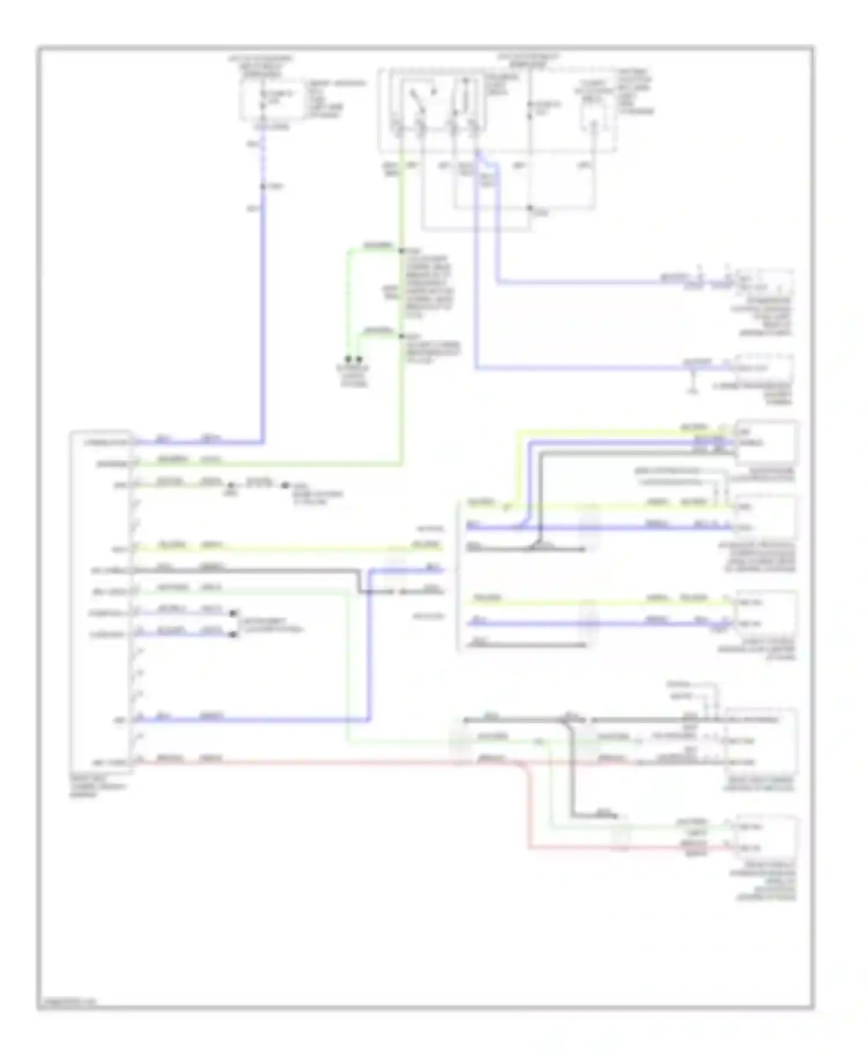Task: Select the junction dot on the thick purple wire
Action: coord(264,187)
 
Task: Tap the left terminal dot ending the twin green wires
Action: coord(348,359)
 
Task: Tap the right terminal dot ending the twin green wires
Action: coord(360,359)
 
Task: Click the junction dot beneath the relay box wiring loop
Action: coord(530,209)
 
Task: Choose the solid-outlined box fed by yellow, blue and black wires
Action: coord(766,442)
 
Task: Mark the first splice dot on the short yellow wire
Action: coord(231,485)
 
